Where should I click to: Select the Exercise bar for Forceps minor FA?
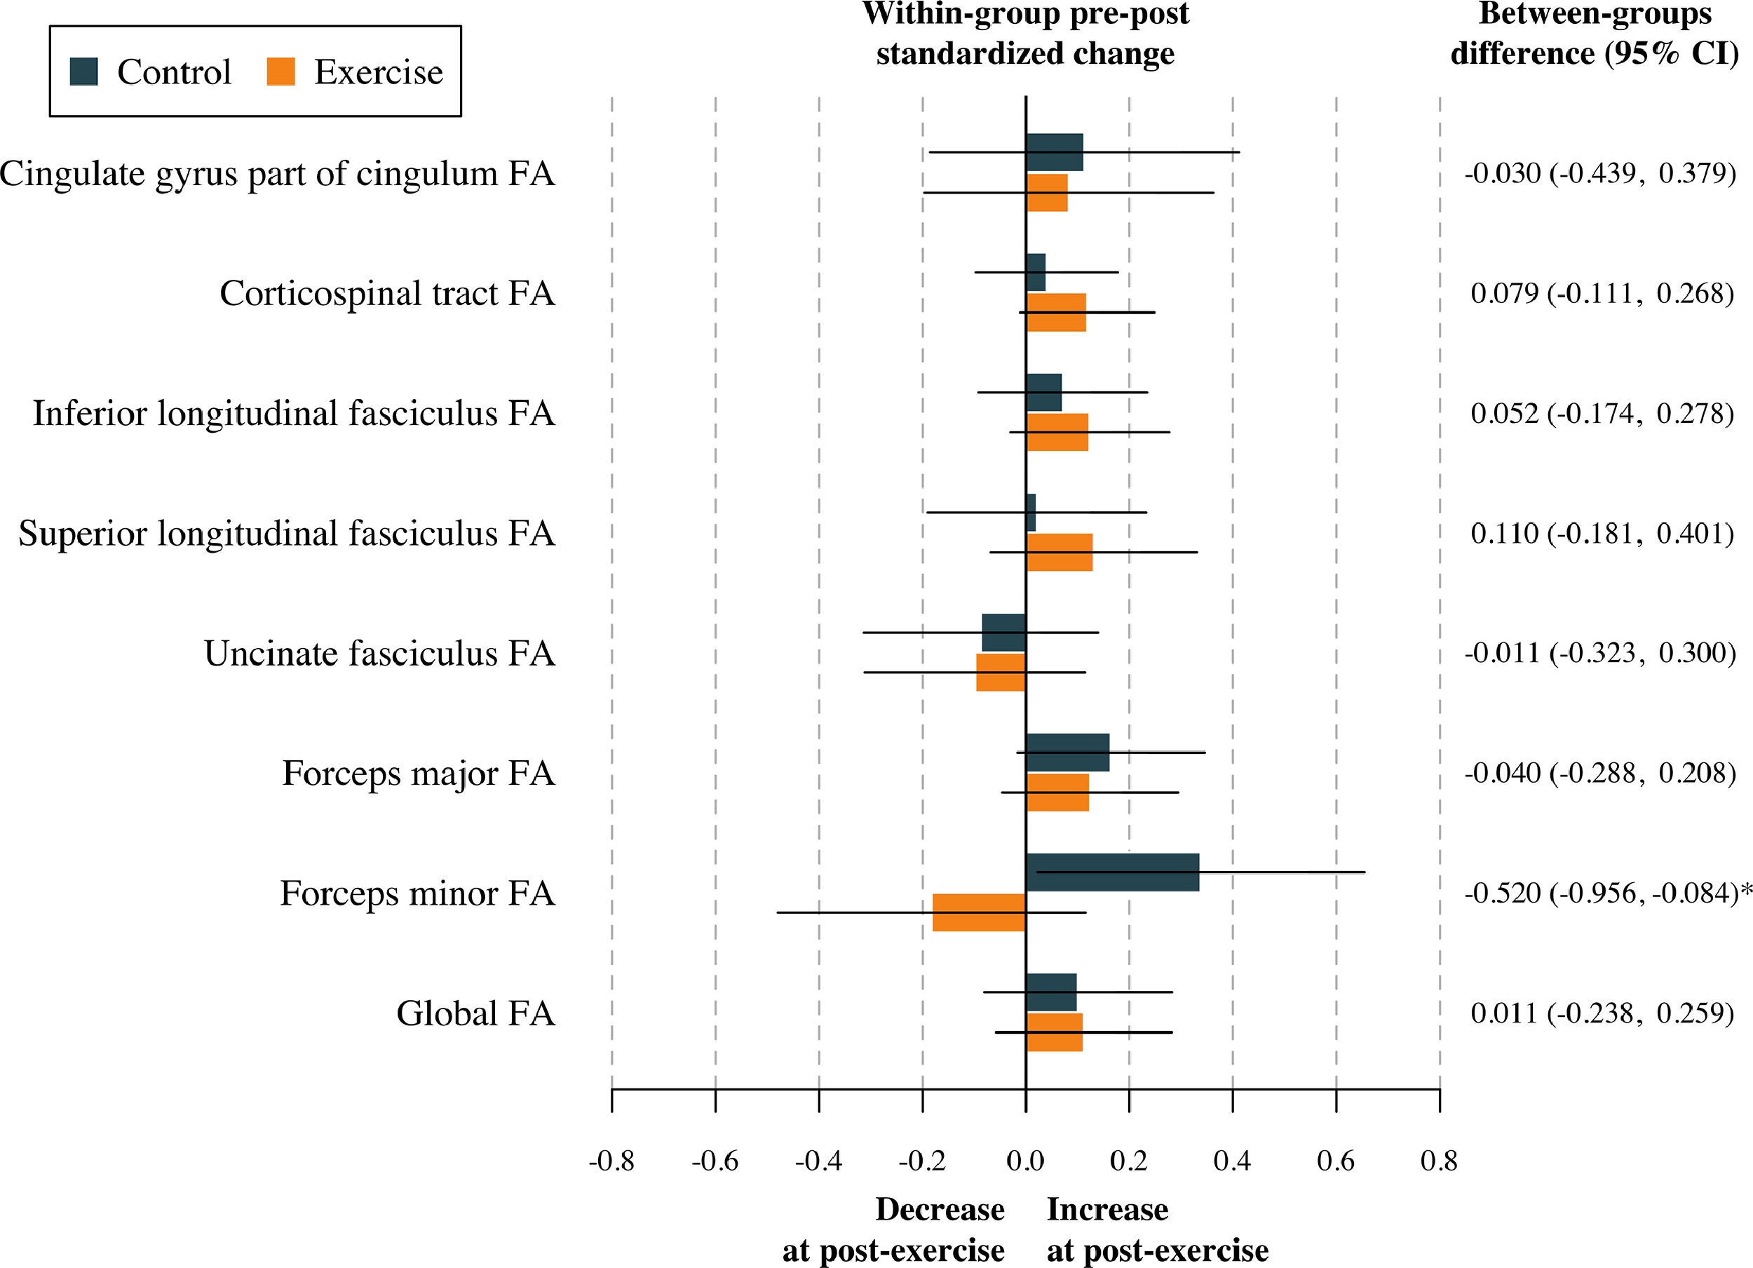coord(980,913)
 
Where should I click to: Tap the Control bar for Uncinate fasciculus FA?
coord(1004,633)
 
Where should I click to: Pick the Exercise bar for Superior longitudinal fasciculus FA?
coord(1060,553)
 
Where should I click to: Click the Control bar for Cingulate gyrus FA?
coord(1055,152)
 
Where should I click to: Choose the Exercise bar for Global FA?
coord(1055,1033)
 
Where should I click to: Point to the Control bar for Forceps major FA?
coord(1067,753)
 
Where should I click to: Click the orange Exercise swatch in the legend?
coord(280,72)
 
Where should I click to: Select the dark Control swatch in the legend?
coord(83,72)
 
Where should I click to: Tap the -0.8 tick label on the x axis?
coord(611,1161)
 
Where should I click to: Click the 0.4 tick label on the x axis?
coord(1232,1161)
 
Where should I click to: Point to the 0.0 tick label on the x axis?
coord(1026,1161)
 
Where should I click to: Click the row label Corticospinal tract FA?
coord(387,294)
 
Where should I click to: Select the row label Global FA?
coord(475,1013)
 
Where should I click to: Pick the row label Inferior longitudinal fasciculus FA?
coord(294,414)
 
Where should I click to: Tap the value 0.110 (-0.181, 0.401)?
coord(1602,534)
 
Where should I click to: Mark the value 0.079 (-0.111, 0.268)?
coord(1602,294)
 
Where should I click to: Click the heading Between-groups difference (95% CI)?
coord(1595,35)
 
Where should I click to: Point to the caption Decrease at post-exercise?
coord(894,1229)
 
